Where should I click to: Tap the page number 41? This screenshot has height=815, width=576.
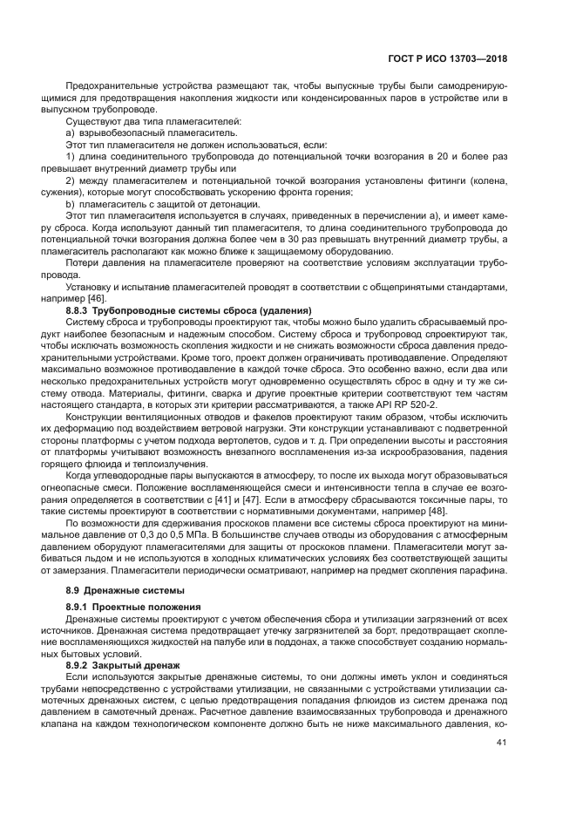pos(500,743)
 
